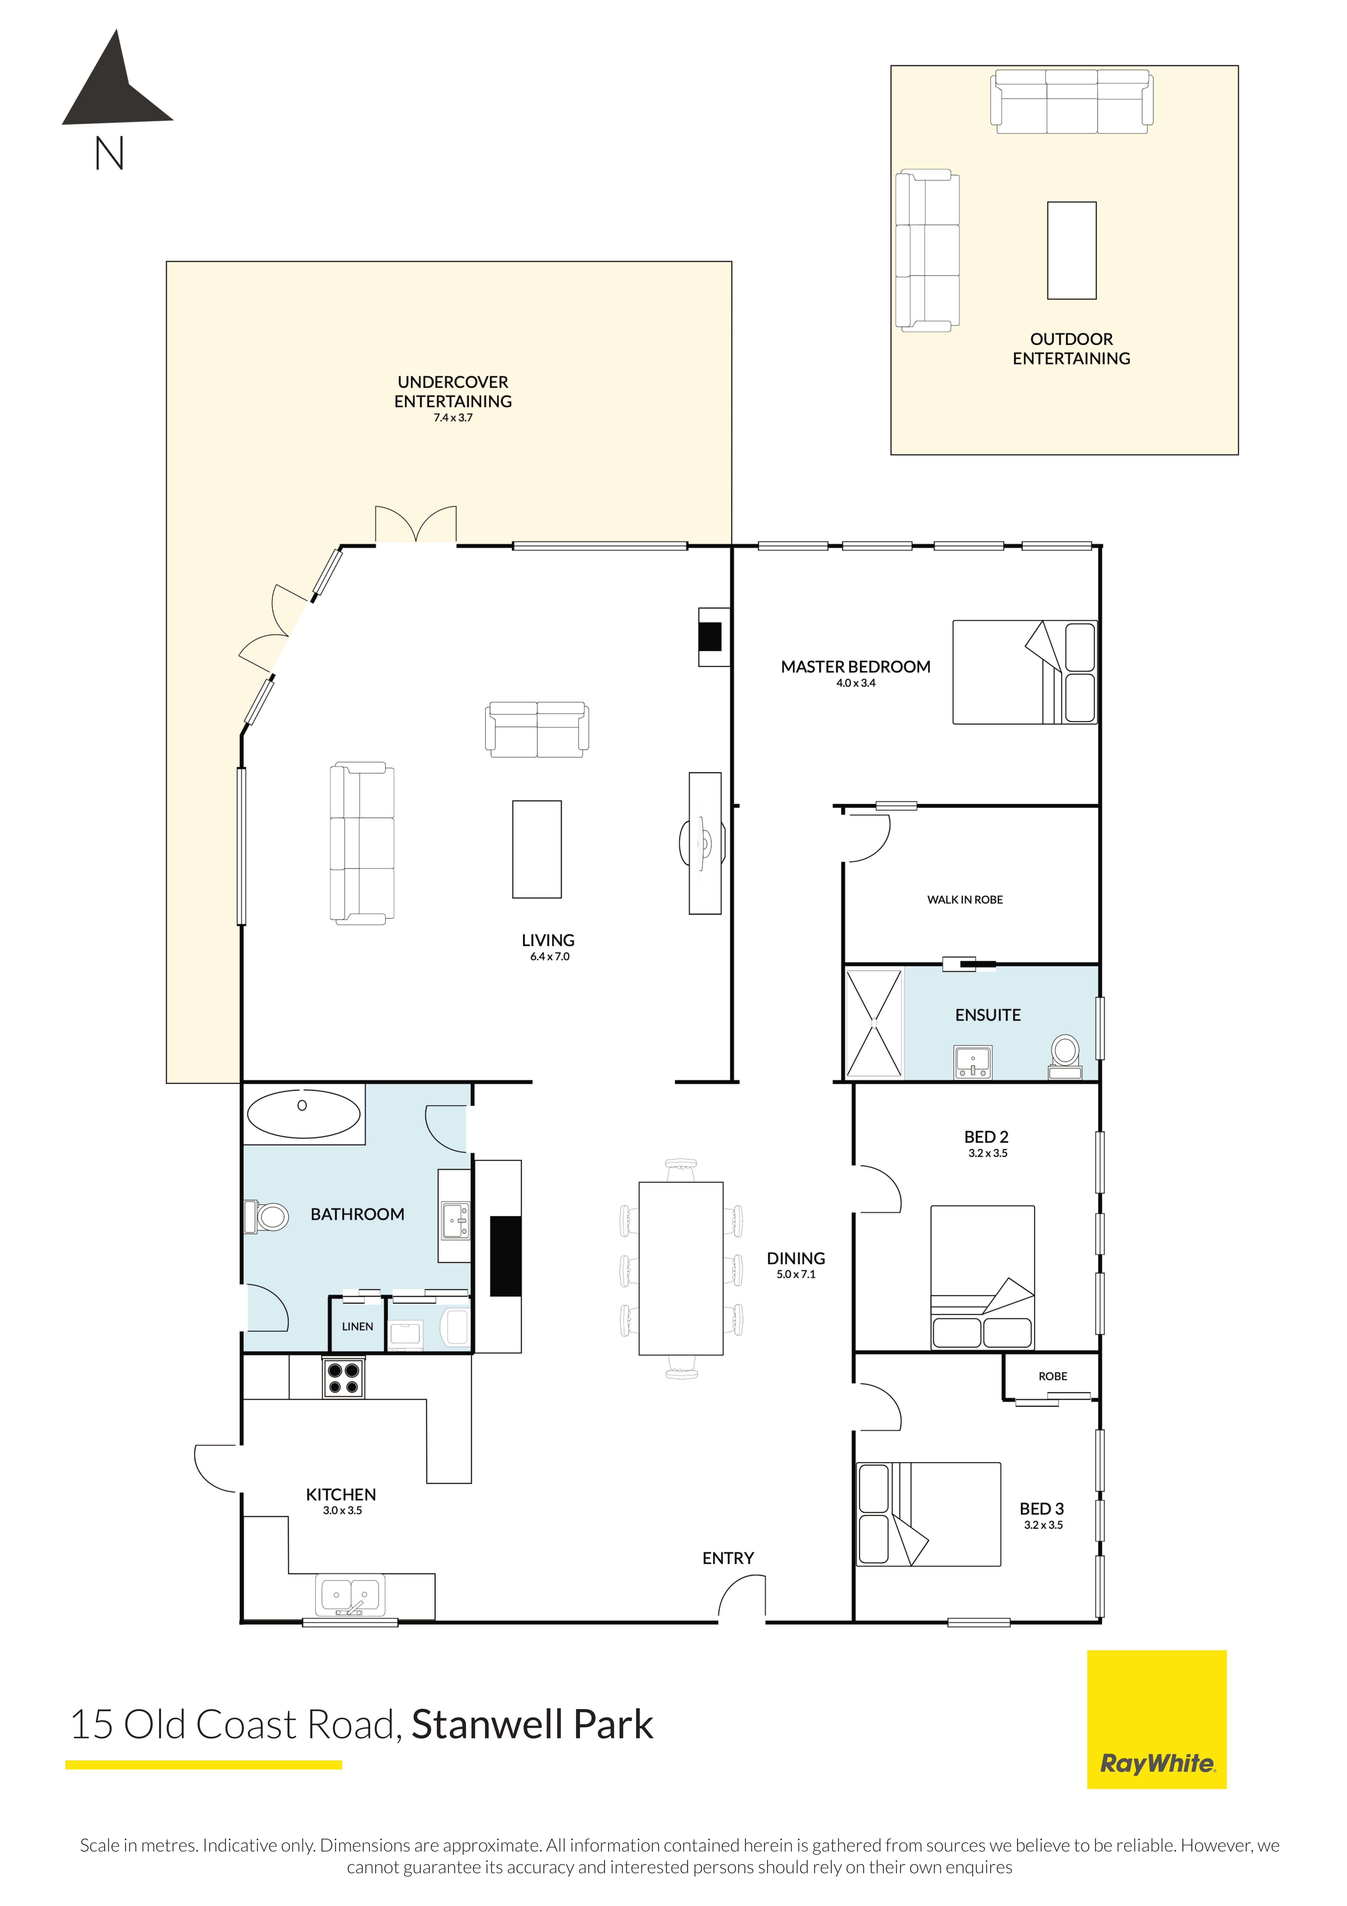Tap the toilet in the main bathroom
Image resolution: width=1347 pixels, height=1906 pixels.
click(266, 1217)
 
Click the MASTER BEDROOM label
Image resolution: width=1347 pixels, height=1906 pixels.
click(856, 667)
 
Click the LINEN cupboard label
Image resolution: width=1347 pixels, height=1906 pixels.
click(358, 1327)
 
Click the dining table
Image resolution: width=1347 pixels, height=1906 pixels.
click(680, 1268)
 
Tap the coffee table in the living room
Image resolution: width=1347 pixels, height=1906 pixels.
click(537, 849)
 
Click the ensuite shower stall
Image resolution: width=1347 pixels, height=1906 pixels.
click(873, 1023)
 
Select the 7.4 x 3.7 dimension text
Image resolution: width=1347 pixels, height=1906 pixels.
click(453, 418)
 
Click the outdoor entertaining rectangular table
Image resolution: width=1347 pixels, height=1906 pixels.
click(1071, 250)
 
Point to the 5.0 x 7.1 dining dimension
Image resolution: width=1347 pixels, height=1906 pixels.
click(796, 1274)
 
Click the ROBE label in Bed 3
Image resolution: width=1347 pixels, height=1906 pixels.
click(1052, 1376)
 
